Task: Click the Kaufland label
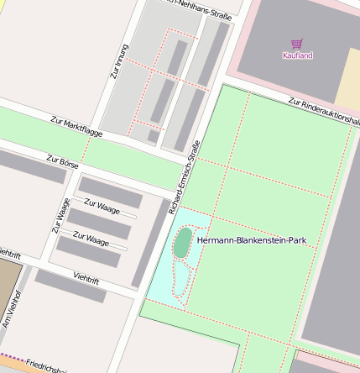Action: tap(297, 55)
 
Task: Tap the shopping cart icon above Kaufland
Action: tap(296, 43)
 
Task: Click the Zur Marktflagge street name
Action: tap(76, 128)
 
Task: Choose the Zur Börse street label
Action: tap(62, 160)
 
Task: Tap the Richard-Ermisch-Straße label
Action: tap(185, 176)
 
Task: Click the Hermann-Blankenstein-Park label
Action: tap(252, 240)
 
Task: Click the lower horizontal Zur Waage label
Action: tap(91, 239)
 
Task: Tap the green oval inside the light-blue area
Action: tap(182, 243)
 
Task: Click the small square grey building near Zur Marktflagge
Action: tap(153, 135)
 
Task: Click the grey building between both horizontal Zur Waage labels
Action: tap(99, 223)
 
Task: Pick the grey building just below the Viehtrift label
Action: tap(70, 286)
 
